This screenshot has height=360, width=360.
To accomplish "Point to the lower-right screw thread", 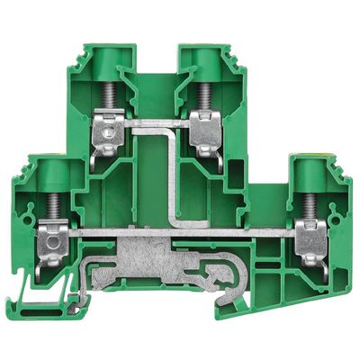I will pyautogui.click(x=311, y=202).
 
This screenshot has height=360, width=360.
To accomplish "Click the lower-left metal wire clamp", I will pyautogui.click(x=50, y=241).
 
